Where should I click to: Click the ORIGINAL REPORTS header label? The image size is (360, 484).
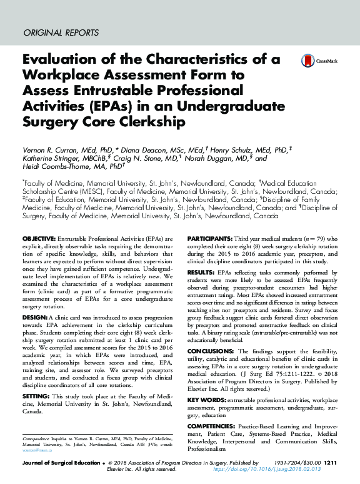[x=61, y=33]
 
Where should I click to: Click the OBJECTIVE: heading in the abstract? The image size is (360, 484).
[x=39, y=239]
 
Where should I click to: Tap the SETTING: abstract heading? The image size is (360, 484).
[x=36, y=396]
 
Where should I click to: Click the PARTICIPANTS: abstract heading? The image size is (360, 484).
[x=209, y=239]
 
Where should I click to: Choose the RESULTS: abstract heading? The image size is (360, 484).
[x=201, y=273]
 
